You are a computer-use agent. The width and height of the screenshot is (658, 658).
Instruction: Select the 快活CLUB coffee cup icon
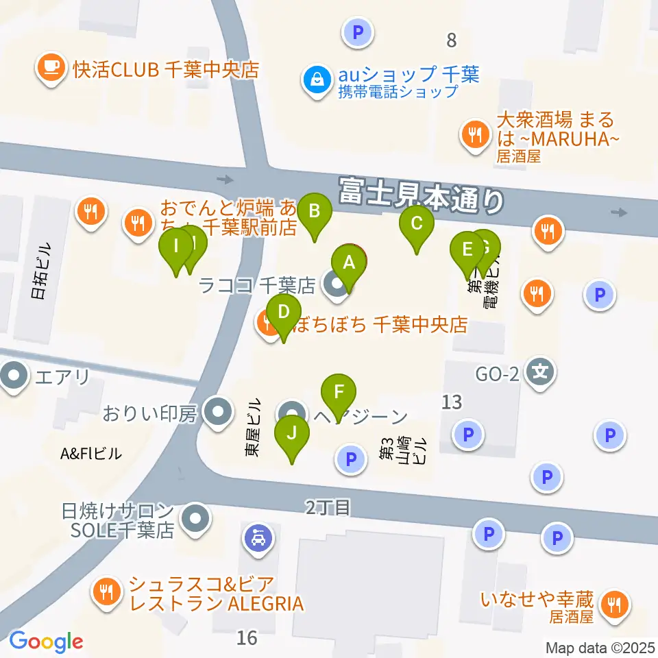(51, 69)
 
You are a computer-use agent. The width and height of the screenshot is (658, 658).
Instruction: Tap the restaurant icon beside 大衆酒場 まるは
(474, 133)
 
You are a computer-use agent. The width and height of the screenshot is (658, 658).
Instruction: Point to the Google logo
(46, 642)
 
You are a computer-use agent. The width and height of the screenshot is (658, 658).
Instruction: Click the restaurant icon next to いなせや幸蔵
(612, 605)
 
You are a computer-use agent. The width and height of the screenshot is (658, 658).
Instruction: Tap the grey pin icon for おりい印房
(219, 413)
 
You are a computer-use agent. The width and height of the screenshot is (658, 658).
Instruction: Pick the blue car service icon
(258, 537)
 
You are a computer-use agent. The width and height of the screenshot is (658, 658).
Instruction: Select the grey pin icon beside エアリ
(14, 376)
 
